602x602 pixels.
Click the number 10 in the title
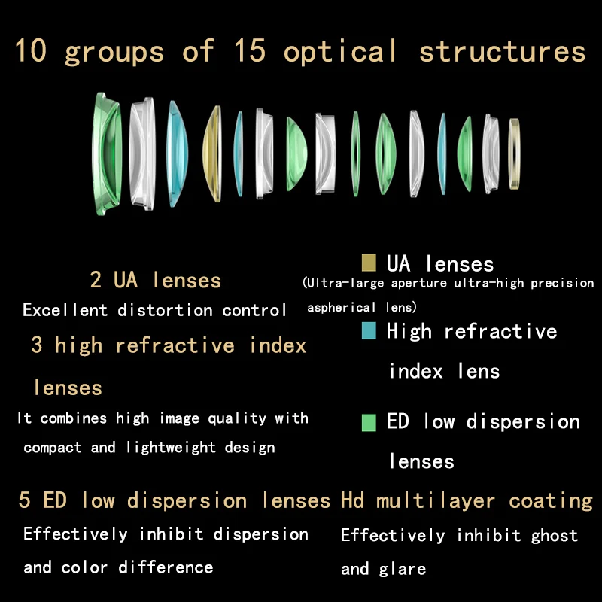click(31, 50)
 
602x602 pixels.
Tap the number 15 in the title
click(250, 50)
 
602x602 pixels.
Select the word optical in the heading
click(340, 52)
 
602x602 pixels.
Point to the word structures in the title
click(502, 52)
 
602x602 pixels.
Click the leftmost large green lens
click(106, 154)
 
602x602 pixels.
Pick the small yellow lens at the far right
click(514, 154)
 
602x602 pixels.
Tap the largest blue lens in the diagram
click(177, 154)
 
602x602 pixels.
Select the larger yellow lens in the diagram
click(212, 154)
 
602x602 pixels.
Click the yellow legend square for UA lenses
click(369, 263)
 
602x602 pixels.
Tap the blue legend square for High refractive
click(369, 330)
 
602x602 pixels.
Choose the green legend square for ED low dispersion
click(369, 423)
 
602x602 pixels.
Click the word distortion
click(165, 310)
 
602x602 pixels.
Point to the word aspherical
click(342, 308)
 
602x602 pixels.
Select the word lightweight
click(172, 448)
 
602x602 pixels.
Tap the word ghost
click(555, 537)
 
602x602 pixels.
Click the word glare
click(403, 570)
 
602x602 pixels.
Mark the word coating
click(551, 501)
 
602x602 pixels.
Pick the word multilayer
click(436, 501)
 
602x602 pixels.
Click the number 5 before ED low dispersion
click(24, 500)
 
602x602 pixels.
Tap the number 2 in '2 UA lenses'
click(96, 279)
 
